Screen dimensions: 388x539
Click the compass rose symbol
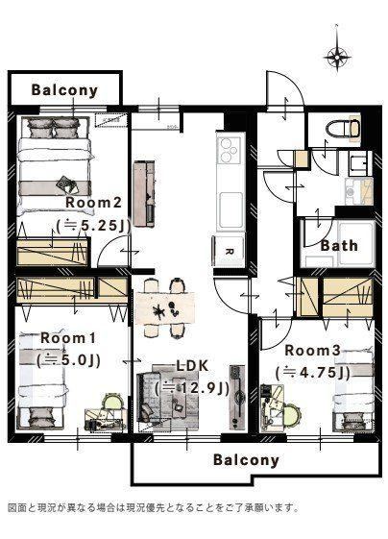tap(337, 57)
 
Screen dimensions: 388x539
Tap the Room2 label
tap(94, 202)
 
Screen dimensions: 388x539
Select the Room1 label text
tap(68, 337)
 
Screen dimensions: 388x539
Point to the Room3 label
tap(313, 351)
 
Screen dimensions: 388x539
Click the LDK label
tap(192, 366)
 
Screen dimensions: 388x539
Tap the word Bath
tap(339, 245)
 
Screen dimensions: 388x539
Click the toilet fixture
tap(344, 129)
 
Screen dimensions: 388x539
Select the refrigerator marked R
tap(230, 251)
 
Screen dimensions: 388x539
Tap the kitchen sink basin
tap(230, 210)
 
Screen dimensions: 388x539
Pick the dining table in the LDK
tap(165, 308)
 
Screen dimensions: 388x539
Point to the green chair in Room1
tap(113, 404)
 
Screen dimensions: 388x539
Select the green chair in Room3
tap(291, 415)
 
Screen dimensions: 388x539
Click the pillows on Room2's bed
tap(54, 128)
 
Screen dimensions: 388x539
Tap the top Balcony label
tap(64, 90)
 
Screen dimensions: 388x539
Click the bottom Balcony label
tap(246, 460)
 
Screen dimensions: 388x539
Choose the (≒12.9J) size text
tap(192, 388)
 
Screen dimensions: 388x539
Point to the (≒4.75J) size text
tap(313, 372)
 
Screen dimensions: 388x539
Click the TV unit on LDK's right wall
tap(237, 397)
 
